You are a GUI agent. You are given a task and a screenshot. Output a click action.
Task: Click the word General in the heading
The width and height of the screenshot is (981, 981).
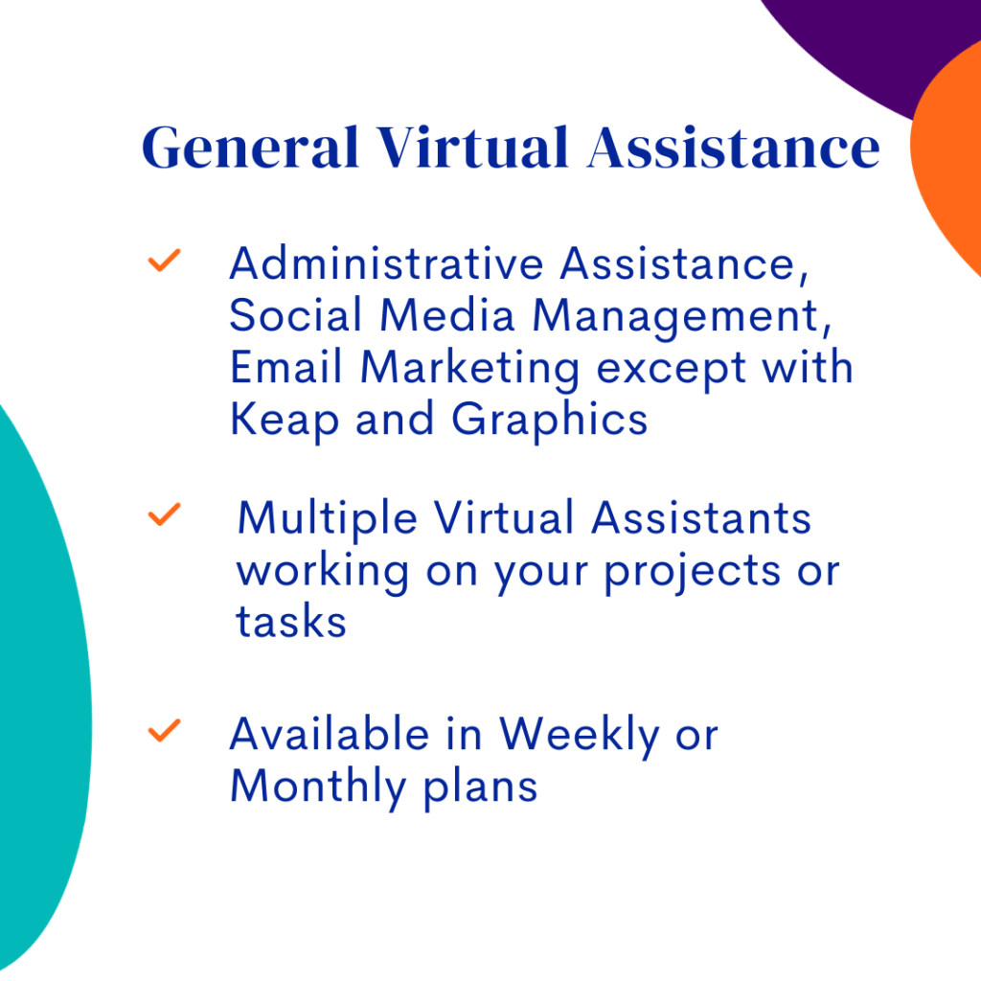250,148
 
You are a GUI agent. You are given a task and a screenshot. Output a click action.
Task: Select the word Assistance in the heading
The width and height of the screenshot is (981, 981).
734,148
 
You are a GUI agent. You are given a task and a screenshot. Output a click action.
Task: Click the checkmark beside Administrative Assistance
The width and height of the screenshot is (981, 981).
164,261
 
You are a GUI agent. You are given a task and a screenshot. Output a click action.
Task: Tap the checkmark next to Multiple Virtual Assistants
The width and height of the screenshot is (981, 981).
164,514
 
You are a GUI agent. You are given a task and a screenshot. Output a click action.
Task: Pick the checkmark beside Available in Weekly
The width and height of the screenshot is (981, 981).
164,730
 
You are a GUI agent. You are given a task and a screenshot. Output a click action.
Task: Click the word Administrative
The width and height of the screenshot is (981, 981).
387,263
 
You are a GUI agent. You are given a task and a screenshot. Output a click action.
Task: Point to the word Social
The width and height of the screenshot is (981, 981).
295,314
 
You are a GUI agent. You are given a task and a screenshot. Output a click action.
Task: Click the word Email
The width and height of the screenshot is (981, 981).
285,367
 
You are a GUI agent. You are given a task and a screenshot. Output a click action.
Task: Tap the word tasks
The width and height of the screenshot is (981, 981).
291,622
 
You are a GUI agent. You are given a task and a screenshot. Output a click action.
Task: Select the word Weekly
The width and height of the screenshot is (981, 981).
579,737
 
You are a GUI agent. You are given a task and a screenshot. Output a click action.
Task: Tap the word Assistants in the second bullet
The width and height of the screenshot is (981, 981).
701,518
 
